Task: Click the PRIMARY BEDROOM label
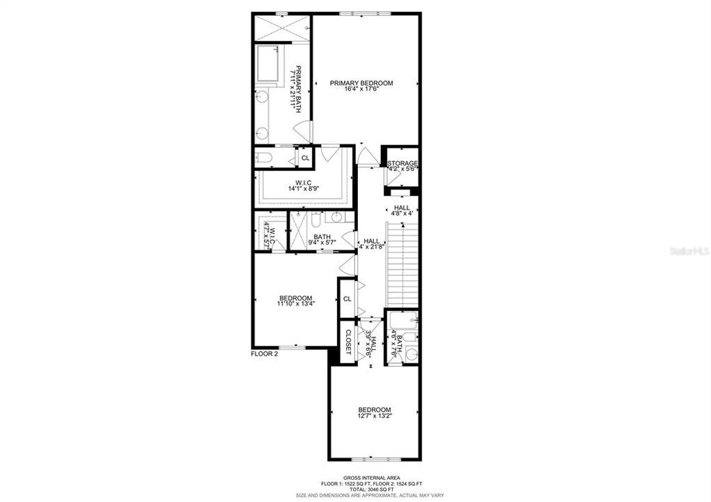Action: [361, 83]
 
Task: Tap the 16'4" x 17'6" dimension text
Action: [361, 89]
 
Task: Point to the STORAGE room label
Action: [403, 163]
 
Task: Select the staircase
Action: [402, 264]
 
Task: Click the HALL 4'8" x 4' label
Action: [403, 211]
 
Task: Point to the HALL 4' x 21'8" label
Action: [371, 244]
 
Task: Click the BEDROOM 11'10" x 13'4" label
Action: [295, 301]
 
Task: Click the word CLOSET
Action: [348, 341]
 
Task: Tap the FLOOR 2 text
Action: [264, 354]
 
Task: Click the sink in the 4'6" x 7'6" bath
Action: [411, 354]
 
